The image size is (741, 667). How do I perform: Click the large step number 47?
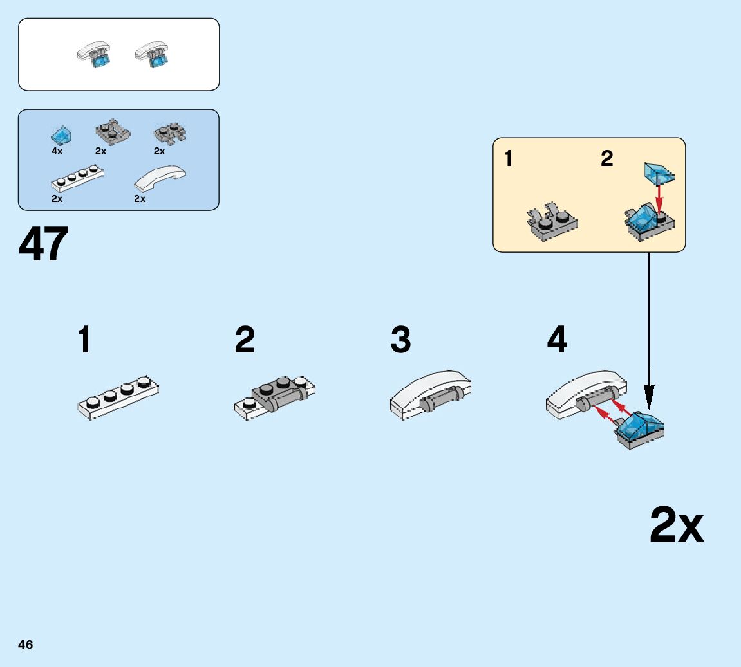44,245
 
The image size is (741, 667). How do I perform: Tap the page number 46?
26,644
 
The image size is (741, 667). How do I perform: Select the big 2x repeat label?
676,525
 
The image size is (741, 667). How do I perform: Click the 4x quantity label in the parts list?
57,151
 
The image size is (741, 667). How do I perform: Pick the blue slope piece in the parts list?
61,135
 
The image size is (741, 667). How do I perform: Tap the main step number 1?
84,340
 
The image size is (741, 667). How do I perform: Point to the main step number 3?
400,340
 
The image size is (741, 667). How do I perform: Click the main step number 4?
557,340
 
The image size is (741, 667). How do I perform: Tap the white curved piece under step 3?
429,394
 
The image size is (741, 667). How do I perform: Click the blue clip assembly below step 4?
639,430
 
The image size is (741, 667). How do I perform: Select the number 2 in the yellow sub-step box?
607,158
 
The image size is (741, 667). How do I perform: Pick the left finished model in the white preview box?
93,54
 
